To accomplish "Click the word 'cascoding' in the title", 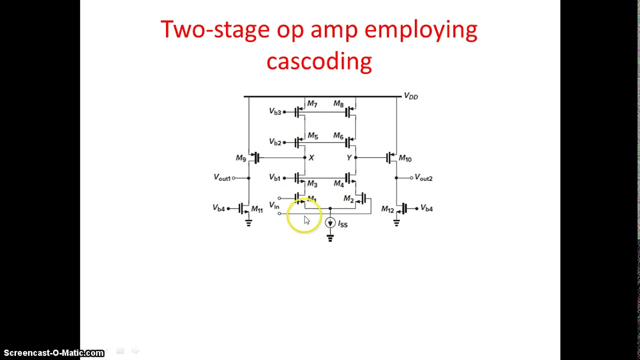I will tap(319, 61).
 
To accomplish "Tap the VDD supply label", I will tap(410, 96).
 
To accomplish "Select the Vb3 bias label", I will tap(275, 111).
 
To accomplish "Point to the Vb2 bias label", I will tap(275, 142).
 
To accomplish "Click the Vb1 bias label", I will tap(274, 177).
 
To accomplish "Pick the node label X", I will tap(311, 157).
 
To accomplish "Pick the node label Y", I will tap(348, 157).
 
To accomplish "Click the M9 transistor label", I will tap(241, 158).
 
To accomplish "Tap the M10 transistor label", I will tap(405, 158).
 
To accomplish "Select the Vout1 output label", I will tap(222, 178).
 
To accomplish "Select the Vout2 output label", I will tap(423, 178).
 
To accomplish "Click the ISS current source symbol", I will tap(330, 223).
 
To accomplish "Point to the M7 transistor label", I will tap(312, 104).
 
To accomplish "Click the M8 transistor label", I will tap(338, 104).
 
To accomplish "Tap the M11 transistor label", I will tap(257, 209).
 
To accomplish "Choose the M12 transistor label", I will tap(387, 209).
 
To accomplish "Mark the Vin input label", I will tap(274, 205).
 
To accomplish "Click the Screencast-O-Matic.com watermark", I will tap(53, 353).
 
